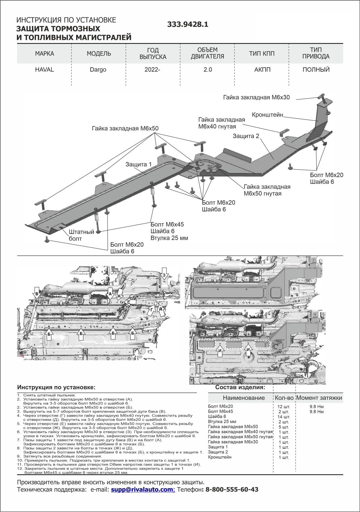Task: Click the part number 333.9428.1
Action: click(x=188, y=24)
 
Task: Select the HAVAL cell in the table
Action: click(x=44, y=70)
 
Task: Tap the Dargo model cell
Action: click(x=98, y=70)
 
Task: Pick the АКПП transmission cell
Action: click(x=262, y=70)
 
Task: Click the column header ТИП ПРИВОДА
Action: click(x=316, y=53)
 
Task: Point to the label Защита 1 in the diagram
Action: click(x=138, y=164)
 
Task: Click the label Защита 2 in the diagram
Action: click(x=246, y=136)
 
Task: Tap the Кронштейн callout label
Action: click(x=267, y=115)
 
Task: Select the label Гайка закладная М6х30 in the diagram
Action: click(x=256, y=97)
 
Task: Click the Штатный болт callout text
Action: click(x=81, y=235)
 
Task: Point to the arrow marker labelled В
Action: click(x=37, y=293)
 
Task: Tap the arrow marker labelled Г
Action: click(x=151, y=310)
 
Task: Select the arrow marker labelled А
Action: click(x=110, y=293)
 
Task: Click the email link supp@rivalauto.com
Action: click(x=143, y=490)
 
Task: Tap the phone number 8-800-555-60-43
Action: click(x=232, y=490)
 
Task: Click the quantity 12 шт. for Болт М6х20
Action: click(x=284, y=407)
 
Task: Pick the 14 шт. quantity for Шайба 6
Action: click(x=284, y=417)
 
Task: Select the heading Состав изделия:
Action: click(x=240, y=387)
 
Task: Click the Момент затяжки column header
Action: click(x=319, y=398)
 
